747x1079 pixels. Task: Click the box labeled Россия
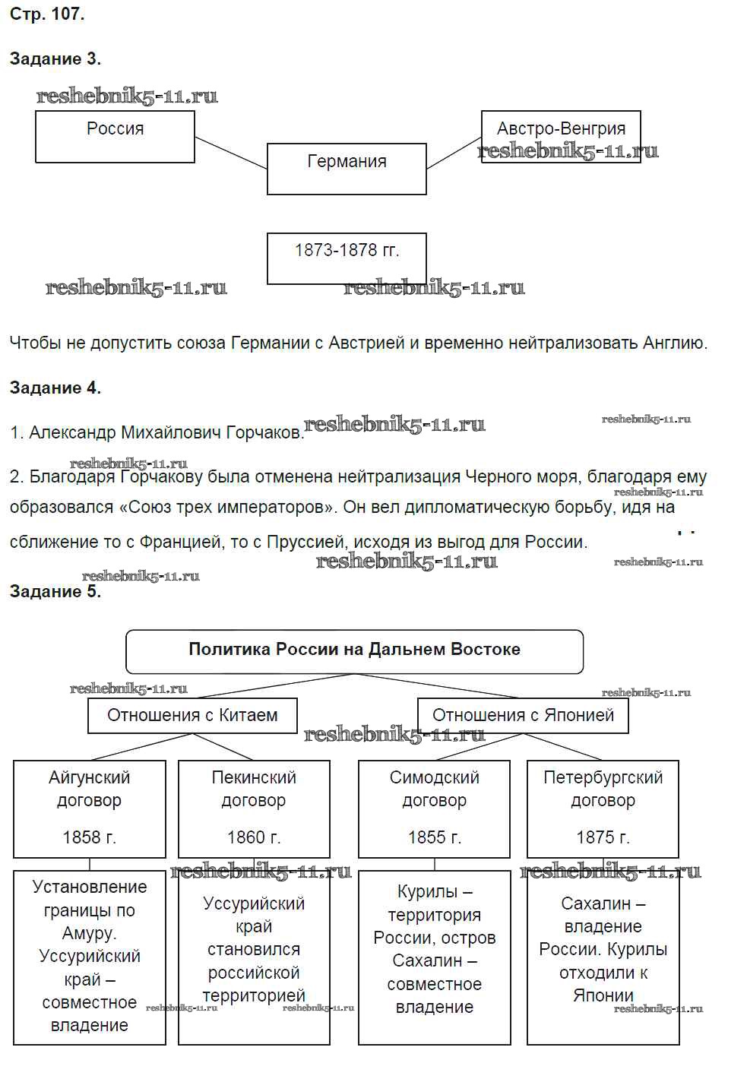[x=115, y=137]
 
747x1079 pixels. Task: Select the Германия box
[x=347, y=168]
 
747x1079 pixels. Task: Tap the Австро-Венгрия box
[x=561, y=136]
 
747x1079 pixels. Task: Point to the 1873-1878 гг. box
[x=347, y=258]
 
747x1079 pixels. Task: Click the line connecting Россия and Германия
[x=231, y=153]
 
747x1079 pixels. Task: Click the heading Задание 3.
[x=55, y=59]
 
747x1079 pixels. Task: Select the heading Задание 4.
[x=55, y=388]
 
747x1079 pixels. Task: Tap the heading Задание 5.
[x=55, y=591]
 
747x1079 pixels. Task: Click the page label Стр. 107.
[x=47, y=14]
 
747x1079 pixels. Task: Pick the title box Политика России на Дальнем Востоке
[x=354, y=650]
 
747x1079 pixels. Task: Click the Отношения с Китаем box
[x=192, y=715]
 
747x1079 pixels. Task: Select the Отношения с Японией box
[x=523, y=715]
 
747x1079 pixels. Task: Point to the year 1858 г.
[x=89, y=837]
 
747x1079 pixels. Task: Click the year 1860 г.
[x=254, y=837]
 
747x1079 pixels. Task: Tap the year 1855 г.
[x=434, y=837]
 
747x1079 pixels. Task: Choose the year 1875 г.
[x=603, y=837]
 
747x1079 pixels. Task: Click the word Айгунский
[x=89, y=777]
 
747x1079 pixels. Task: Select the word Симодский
[x=434, y=777]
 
